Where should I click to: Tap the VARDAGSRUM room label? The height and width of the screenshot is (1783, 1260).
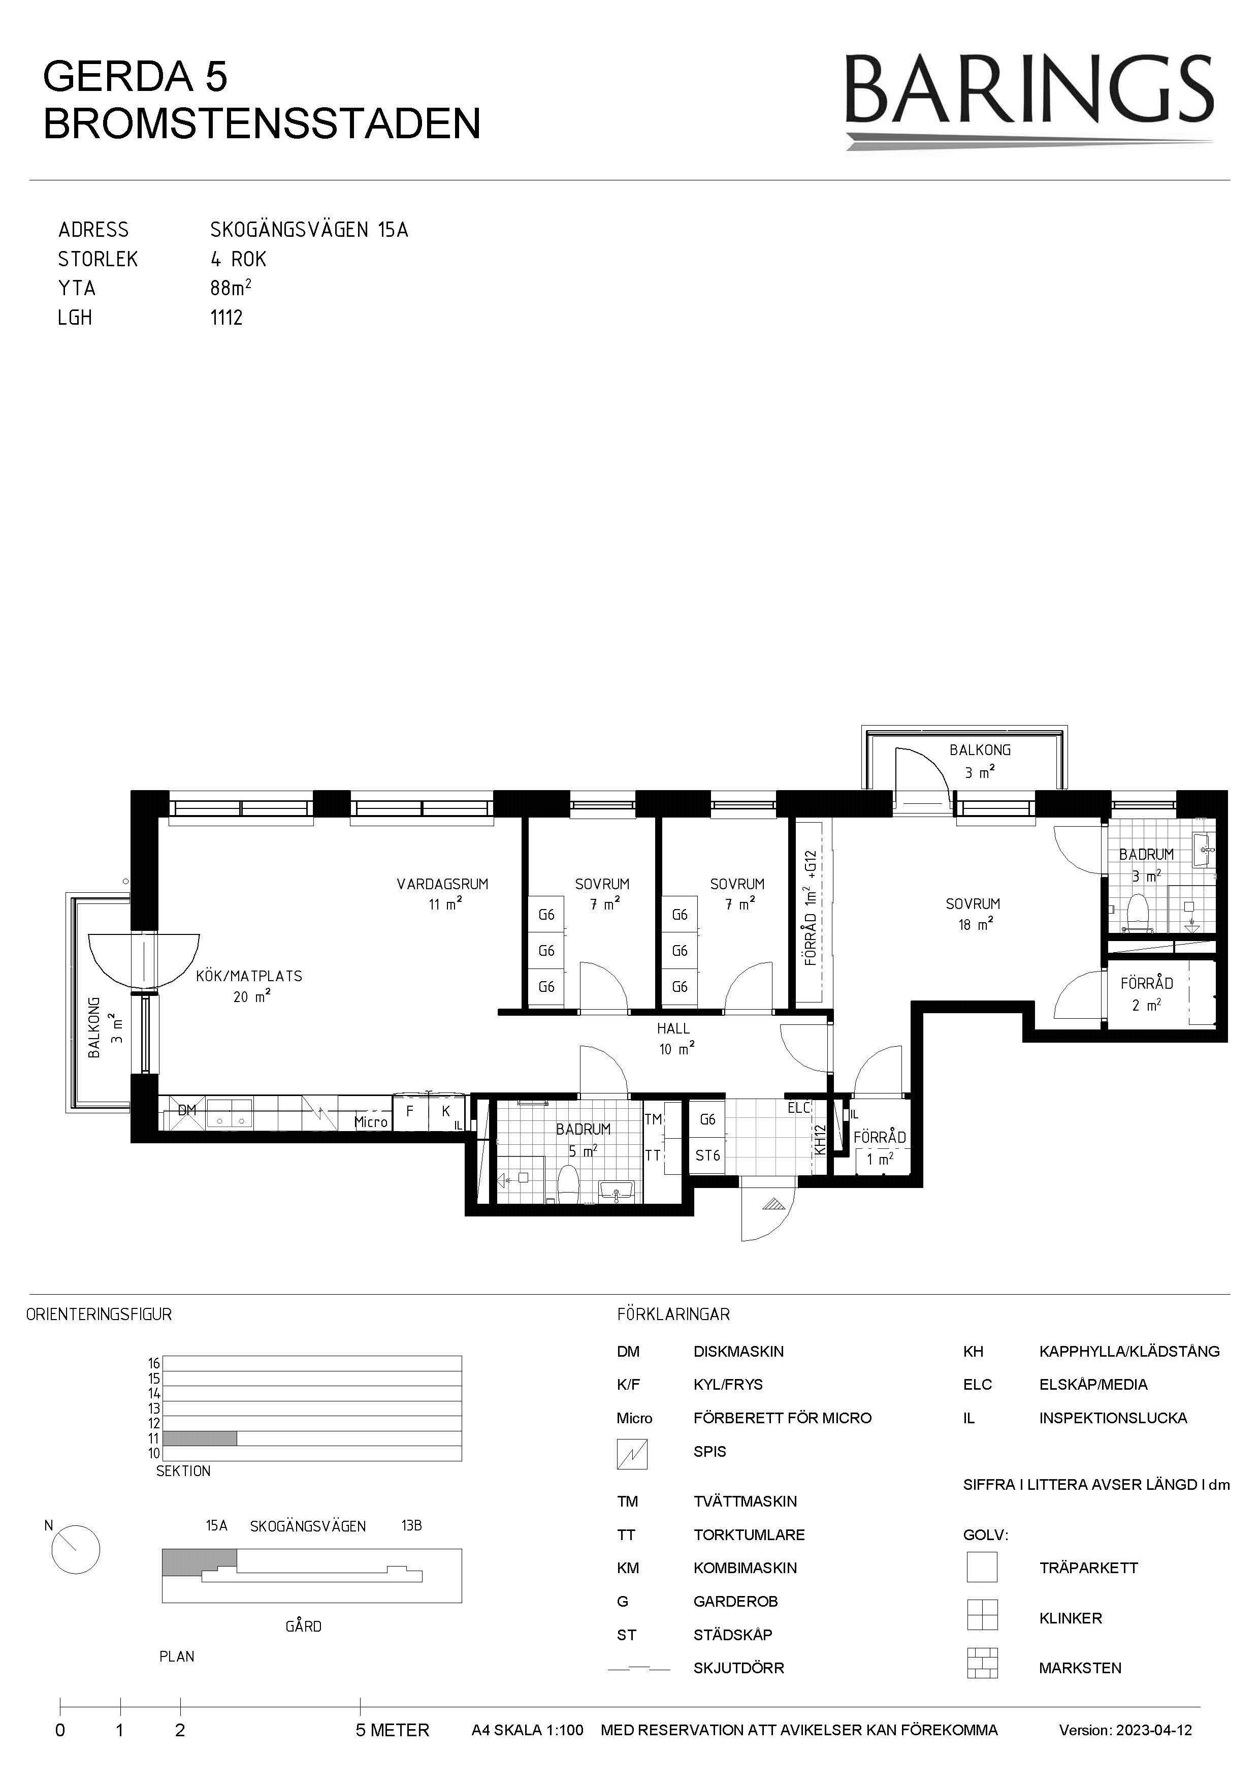(442, 884)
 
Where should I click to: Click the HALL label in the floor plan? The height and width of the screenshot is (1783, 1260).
(673, 1028)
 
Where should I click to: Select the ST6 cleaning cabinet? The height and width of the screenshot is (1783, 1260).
(707, 1155)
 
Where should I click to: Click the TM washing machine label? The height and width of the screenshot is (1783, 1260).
(653, 1119)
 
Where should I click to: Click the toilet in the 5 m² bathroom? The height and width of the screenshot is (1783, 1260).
(569, 1183)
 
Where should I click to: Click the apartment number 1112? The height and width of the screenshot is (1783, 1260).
(227, 318)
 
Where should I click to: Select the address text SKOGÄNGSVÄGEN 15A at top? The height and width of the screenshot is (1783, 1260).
(309, 230)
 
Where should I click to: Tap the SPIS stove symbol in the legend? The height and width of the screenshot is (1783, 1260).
(632, 1454)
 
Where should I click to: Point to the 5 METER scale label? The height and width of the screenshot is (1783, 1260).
(392, 1731)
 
